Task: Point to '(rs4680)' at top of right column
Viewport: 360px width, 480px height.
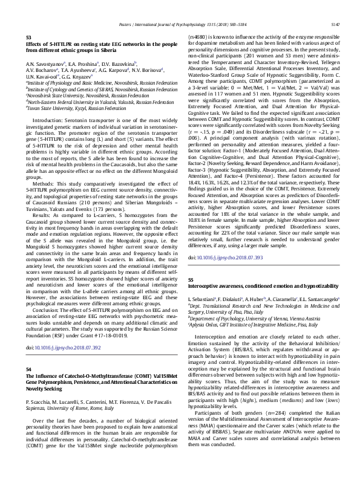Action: click(x=199, y=37)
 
